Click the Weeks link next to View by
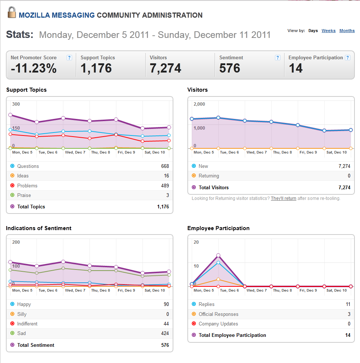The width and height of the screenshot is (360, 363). (x=328, y=31)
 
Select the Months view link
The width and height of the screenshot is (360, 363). (x=347, y=31)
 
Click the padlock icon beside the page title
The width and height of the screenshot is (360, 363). (x=11, y=13)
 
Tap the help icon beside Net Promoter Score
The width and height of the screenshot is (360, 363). (x=69, y=58)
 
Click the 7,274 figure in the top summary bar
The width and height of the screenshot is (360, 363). (x=165, y=68)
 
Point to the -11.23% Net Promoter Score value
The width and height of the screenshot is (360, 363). (x=33, y=68)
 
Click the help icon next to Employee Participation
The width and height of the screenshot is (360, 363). (x=347, y=58)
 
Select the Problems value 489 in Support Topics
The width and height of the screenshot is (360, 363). (x=165, y=186)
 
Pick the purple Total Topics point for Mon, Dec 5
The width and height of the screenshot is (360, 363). (x=10, y=115)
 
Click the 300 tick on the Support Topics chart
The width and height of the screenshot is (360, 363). (x=16, y=104)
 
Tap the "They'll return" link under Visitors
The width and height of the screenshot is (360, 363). (x=283, y=198)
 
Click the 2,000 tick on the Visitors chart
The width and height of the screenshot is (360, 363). (x=200, y=104)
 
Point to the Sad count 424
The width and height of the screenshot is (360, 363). (x=165, y=334)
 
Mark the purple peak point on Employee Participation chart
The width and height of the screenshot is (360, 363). (x=218, y=255)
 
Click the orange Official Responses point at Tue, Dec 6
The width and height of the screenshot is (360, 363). (x=218, y=279)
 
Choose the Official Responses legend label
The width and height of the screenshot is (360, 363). (x=218, y=314)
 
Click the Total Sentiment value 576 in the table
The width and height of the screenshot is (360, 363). (x=165, y=345)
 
